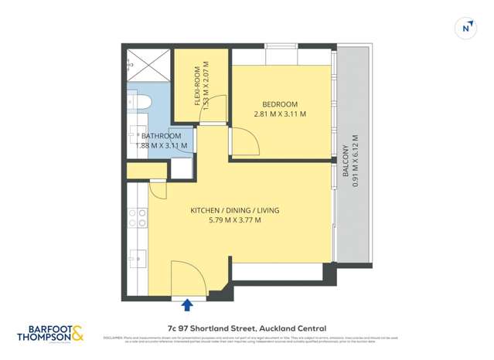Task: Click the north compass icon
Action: coord(465,28)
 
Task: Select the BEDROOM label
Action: coord(280,104)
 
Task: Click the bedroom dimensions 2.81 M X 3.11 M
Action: coord(280,114)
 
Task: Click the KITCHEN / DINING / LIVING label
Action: coord(235,210)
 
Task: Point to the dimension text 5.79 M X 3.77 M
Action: coord(235,220)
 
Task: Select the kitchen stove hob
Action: coord(141,219)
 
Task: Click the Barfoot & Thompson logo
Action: coord(50,334)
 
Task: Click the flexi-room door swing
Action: coord(217,108)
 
